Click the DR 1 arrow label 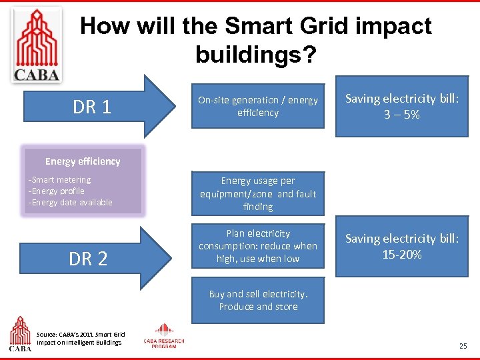pyautogui.click(x=92, y=107)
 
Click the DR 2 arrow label pyautogui.click(x=89, y=259)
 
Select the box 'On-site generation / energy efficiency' pyautogui.click(x=258, y=106)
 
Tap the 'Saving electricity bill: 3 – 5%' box pyautogui.click(x=401, y=107)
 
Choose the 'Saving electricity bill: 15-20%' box pyautogui.click(x=401, y=246)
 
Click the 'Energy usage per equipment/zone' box pyautogui.click(x=258, y=193)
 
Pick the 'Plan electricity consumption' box pyautogui.click(x=258, y=246)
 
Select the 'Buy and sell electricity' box pyautogui.click(x=258, y=300)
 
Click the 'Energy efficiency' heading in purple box pyautogui.click(x=83, y=161)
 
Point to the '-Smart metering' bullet pyautogui.click(x=59, y=179)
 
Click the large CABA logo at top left pyautogui.click(x=37, y=44)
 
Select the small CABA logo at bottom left pyautogui.click(x=19, y=334)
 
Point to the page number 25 pyautogui.click(x=463, y=346)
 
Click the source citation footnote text pyautogui.click(x=81, y=338)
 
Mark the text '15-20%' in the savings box pyautogui.click(x=401, y=254)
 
